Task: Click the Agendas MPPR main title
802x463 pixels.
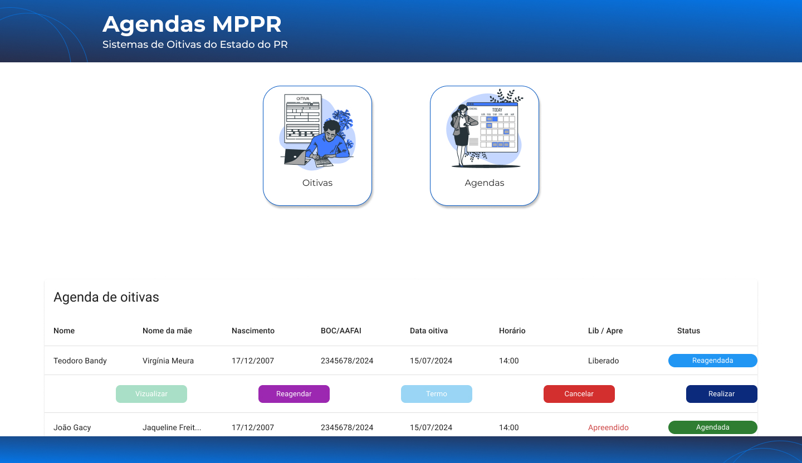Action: click(192, 24)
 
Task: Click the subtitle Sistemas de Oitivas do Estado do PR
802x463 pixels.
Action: click(195, 45)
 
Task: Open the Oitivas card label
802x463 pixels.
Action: click(317, 183)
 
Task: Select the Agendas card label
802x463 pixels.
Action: click(484, 183)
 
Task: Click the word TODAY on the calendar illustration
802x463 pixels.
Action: click(497, 110)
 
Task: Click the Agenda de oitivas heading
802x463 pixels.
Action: click(106, 297)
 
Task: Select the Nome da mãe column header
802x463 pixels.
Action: click(167, 331)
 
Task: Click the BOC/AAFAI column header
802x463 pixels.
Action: click(341, 331)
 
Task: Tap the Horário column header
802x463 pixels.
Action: click(512, 331)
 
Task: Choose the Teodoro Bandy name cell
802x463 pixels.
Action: click(80, 361)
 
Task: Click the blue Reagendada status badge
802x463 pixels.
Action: click(712, 360)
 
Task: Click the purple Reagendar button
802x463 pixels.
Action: click(294, 394)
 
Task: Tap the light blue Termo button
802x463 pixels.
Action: click(437, 394)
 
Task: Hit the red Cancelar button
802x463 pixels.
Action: click(579, 394)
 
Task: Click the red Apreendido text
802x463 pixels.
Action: click(608, 427)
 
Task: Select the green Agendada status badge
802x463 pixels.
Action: click(712, 427)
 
